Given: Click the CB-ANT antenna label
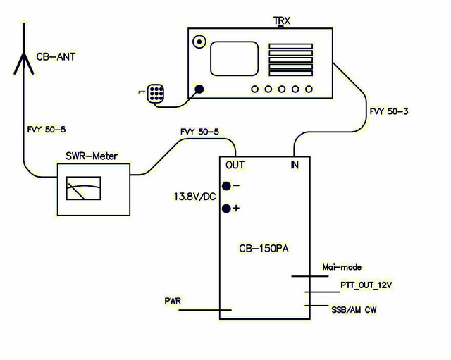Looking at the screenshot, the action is click(x=56, y=56).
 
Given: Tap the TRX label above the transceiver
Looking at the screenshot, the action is click(x=282, y=20).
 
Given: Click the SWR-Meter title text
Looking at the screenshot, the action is click(x=92, y=156).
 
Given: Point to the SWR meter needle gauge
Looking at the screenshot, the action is click(x=83, y=188).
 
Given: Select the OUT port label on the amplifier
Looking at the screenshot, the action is click(x=235, y=165).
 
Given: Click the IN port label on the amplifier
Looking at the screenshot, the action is click(x=295, y=165).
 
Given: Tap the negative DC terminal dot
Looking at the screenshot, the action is click(x=226, y=186).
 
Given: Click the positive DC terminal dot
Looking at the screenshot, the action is click(x=226, y=209).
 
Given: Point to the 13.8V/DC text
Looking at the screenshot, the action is click(x=194, y=197).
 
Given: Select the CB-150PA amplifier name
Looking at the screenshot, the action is click(x=264, y=249).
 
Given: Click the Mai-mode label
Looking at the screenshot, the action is click(x=342, y=267).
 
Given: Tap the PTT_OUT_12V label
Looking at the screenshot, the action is click(x=366, y=285).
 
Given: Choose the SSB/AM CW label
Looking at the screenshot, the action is click(x=354, y=310).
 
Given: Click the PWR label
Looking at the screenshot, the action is click(x=173, y=301).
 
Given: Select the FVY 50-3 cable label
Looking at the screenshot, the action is click(x=389, y=111).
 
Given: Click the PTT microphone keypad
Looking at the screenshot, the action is click(x=156, y=93).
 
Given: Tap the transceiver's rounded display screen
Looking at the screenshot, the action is click(x=234, y=58).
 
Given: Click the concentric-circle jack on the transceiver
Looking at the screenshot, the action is click(x=199, y=42).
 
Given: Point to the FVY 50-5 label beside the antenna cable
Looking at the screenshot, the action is click(x=47, y=130).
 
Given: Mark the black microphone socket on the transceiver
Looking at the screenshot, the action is click(x=199, y=89).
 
